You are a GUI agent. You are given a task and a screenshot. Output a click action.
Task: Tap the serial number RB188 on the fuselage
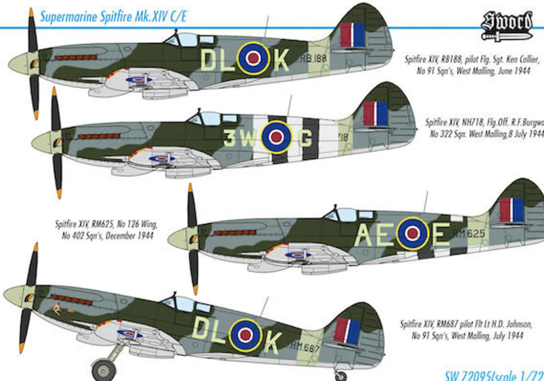click(314, 58)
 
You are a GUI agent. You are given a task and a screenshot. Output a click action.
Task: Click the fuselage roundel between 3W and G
click(276, 137)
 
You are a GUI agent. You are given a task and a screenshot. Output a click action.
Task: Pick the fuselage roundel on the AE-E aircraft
click(412, 233)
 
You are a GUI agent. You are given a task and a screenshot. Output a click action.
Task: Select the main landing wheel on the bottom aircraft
click(104, 370)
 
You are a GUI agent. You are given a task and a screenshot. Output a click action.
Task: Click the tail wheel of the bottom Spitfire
click(340, 376)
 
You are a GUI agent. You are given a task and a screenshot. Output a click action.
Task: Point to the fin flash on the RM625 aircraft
click(512, 210)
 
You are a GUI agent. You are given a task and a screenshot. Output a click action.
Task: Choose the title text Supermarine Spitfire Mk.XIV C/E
click(113, 17)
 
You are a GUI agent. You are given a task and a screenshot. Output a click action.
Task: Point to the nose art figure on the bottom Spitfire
click(57, 310)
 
